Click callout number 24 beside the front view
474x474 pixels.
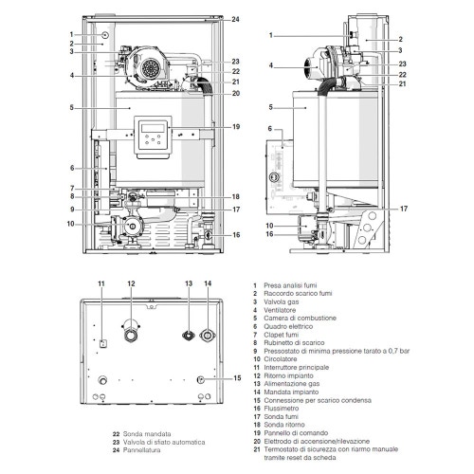tap(235, 19)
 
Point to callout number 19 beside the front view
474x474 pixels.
tap(235, 126)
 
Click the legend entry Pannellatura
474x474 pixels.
tap(145, 450)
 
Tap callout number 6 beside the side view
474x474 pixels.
tap(270, 128)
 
